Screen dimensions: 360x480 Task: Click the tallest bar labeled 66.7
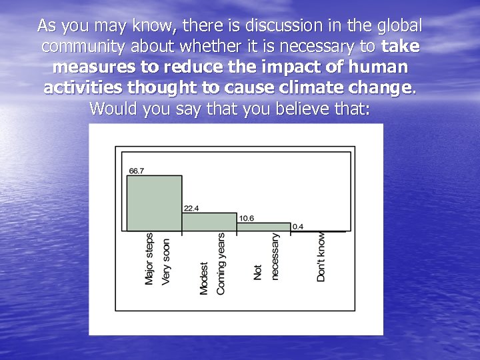click(154, 203)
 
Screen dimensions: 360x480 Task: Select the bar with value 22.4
click(209, 222)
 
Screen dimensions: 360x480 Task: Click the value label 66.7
click(136, 171)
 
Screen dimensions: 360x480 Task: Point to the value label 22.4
click(191, 209)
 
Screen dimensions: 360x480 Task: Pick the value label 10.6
click(246, 218)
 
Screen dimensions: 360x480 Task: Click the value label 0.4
click(297, 227)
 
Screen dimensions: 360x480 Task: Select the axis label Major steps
click(149, 259)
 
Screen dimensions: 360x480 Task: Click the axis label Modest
click(204, 278)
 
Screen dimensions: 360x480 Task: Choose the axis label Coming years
click(221, 263)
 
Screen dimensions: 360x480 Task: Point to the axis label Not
click(258, 272)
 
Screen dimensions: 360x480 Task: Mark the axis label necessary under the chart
click(275, 256)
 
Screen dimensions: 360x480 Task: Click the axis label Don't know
click(321, 257)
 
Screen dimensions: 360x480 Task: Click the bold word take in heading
click(401, 47)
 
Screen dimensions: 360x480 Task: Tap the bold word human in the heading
click(375, 67)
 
